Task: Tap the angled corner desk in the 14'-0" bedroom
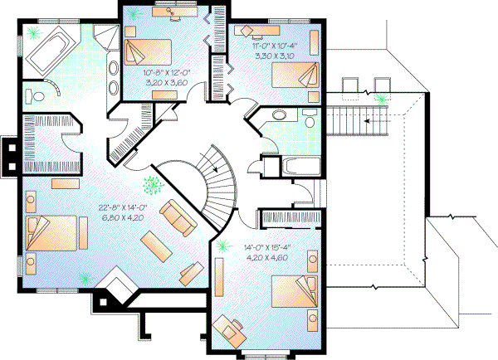[228, 328]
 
